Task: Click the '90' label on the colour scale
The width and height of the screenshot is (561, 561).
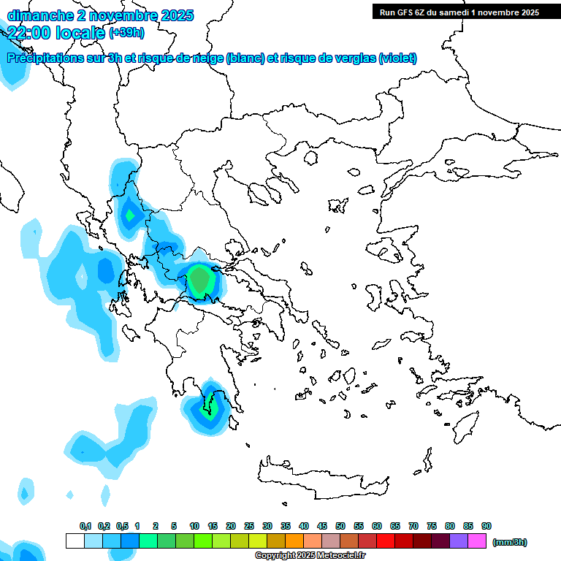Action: coord(486,526)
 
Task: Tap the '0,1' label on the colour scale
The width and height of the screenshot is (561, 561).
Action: coord(85,526)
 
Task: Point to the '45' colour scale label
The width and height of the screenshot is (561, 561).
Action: coord(322,526)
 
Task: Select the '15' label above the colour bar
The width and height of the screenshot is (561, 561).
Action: coord(213,526)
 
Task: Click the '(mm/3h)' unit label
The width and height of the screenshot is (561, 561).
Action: coord(509,542)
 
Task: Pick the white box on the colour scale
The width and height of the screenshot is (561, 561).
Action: coord(75,541)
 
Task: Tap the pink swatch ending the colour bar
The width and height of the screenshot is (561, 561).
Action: coord(477,541)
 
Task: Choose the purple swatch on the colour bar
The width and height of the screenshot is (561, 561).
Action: coord(459,541)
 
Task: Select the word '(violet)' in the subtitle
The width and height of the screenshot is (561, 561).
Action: coord(397,58)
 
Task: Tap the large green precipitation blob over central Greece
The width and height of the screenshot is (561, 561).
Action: coord(199,279)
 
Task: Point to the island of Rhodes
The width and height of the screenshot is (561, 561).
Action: coord(465,428)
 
